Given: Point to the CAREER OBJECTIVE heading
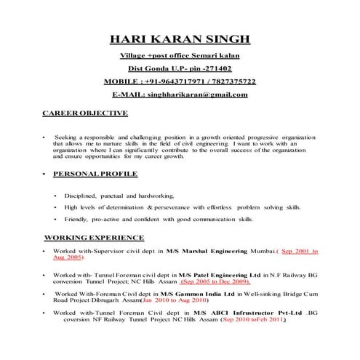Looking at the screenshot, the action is click(85, 113).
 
